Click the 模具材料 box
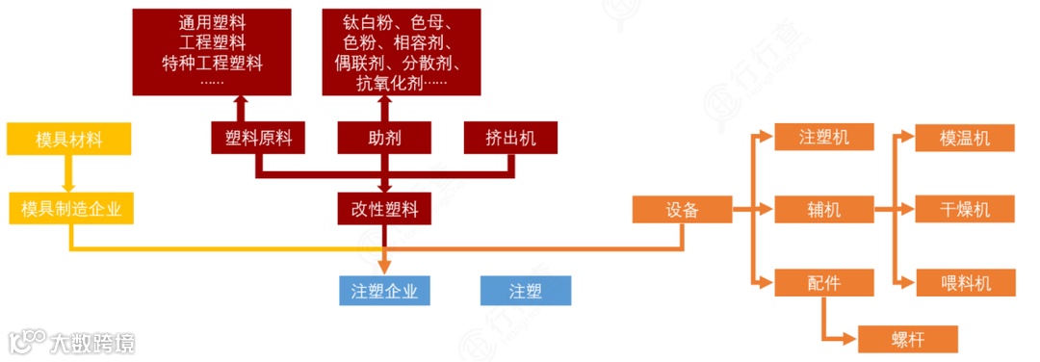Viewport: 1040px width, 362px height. (x=68, y=139)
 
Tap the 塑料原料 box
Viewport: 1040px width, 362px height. (x=258, y=139)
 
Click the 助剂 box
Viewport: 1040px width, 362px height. (x=384, y=139)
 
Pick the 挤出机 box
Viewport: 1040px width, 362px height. (x=511, y=139)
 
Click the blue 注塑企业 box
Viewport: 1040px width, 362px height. (x=384, y=291)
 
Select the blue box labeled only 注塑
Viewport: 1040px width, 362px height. (x=525, y=291)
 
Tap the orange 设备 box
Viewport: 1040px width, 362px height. (x=682, y=209)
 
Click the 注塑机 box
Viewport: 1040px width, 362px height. (x=823, y=137)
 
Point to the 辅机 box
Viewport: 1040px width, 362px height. (x=823, y=209)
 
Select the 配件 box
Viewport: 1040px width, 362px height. (x=823, y=282)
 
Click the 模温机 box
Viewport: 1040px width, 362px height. (x=964, y=137)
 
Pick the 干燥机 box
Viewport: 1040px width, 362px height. (x=964, y=209)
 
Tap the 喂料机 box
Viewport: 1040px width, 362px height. (x=964, y=282)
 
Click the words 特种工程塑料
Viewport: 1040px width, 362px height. (x=212, y=63)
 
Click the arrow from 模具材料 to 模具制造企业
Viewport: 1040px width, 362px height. (x=68, y=174)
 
